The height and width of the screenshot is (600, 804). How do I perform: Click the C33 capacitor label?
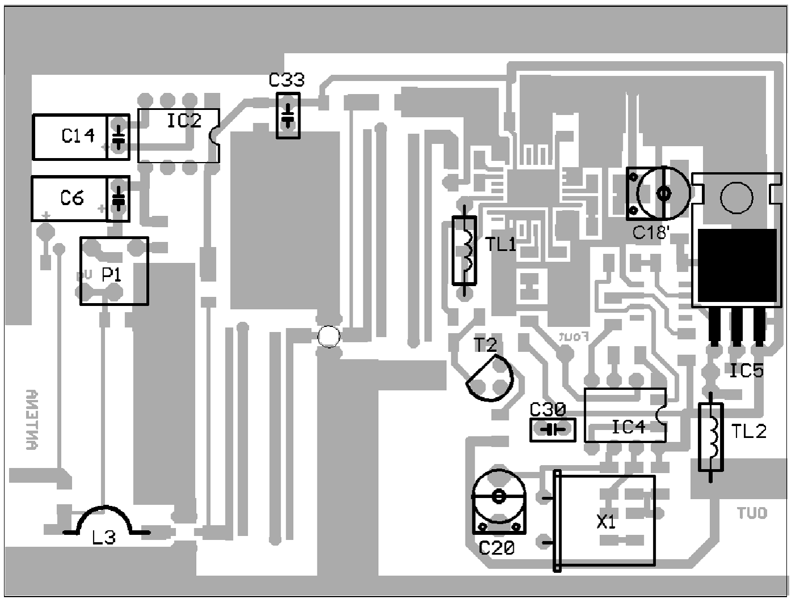(286, 80)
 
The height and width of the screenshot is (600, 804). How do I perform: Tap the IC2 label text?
(184, 120)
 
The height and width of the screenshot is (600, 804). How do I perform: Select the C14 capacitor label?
(78, 136)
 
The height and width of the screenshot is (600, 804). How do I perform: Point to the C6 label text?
(72, 198)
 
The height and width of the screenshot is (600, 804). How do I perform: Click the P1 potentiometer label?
(112, 275)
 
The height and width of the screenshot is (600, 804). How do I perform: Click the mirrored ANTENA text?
(33, 419)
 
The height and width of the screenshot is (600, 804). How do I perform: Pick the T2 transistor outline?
(490, 378)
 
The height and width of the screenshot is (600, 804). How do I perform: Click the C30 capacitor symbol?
(552, 430)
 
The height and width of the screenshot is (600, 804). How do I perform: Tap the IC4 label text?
(628, 427)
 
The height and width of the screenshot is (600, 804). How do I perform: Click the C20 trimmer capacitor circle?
(499, 497)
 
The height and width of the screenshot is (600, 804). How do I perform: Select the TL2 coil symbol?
(710, 436)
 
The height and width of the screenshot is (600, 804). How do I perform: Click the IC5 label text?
(746, 371)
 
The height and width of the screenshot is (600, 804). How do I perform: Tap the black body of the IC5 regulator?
(737, 265)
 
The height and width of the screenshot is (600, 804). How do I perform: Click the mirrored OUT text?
(752, 513)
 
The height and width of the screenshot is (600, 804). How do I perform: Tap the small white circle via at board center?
(328, 337)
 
